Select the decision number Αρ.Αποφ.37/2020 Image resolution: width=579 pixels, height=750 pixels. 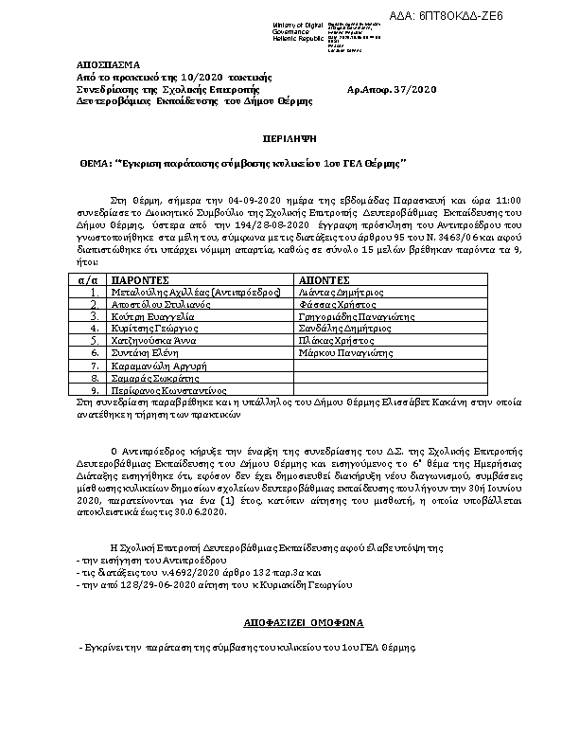393,88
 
